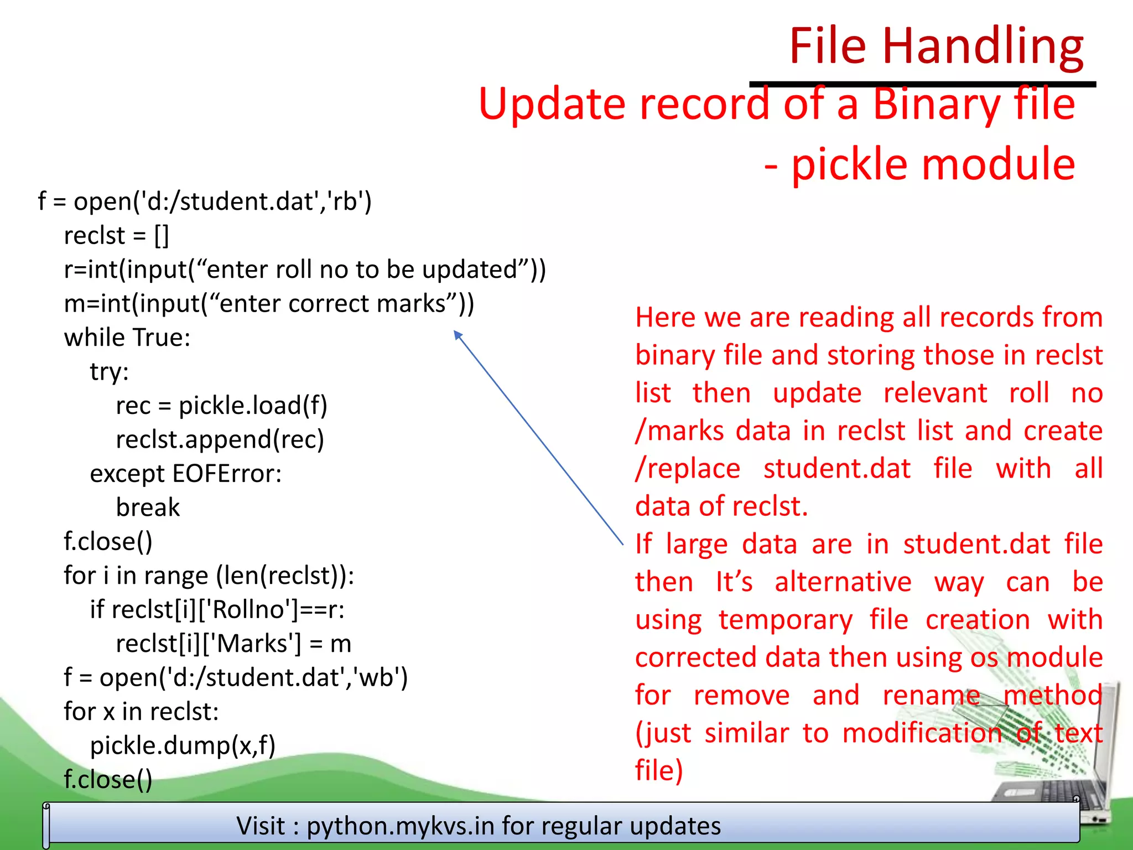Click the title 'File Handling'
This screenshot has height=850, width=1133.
click(x=935, y=46)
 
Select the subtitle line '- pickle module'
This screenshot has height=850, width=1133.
click(x=919, y=164)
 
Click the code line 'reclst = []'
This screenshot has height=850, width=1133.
click(x=116, y=236)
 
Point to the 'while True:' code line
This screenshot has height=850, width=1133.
click(x=127, y=338)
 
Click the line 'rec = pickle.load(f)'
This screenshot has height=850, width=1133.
click(x=221, y=406)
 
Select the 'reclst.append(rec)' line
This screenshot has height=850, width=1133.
click(x=220, y=440)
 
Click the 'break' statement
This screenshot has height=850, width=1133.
click(x=148, y=508)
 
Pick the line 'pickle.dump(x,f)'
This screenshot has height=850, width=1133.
click(x=183, y=746)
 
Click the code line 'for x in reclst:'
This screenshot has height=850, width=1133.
click(x=141, y=712)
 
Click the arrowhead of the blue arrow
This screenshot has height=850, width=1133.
click(x=457, y=334)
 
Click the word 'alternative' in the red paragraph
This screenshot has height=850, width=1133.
click(x=843, y=582)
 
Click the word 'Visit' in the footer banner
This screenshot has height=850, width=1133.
click(x=261, y=826)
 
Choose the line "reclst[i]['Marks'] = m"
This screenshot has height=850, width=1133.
click(x=233, y=644)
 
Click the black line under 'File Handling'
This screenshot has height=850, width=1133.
click(x=922, y=84)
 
